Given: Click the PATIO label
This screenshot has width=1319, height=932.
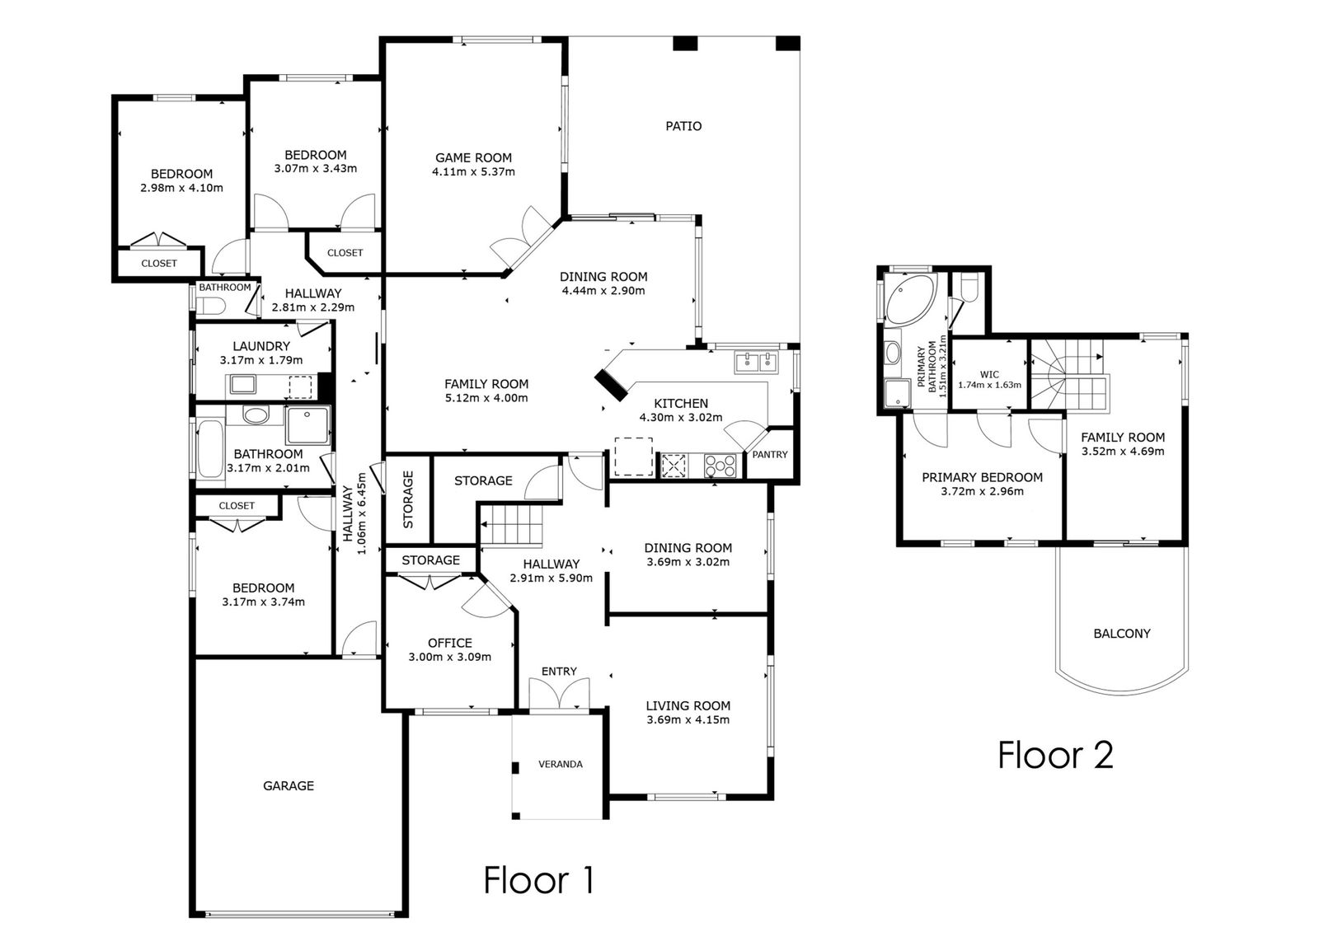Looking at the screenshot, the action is pyautogui.click(x=683, y=126).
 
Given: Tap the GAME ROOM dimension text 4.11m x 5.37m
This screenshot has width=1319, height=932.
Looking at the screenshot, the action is pyautogui.click(x=473, y=172).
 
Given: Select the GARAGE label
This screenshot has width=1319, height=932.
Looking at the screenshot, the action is pyautogui.click(x=289, y=785).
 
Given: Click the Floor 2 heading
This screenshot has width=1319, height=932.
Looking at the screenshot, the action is pyautogui.click(x=1056, y=755).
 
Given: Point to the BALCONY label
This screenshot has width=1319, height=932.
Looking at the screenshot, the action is pyautogui.click(x=1122, y=634).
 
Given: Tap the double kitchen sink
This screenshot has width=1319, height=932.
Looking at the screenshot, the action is pyautogui.click(x=755, y=362).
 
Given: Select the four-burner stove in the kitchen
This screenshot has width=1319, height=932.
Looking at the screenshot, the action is pyautogui.click(x=721, y=466).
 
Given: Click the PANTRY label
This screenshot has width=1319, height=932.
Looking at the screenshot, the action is pyautogui.click(x=770, y=455).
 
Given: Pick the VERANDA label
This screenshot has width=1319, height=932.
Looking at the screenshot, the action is pyautogui.click(x=561, y=764).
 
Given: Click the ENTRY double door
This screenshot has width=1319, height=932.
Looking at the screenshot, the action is pyautogui.click(x=559, y=695).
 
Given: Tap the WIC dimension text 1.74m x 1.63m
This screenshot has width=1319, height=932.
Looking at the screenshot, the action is pyautogui.click(x=989, y=385).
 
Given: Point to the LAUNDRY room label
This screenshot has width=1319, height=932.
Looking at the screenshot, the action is pyautogui.click(x=261, y=346).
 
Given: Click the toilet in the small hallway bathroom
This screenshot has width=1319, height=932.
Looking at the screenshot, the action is pyautogui.click(x=211, y=307).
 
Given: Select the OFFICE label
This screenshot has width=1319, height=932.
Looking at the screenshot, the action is pyautogui.click(x=450, y=643).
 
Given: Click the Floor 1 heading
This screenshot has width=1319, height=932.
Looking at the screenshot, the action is pyautogui.click(x=538, y=880).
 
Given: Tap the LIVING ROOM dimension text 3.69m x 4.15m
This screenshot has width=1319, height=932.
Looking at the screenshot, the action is pyautogui.click(x=688, y=720).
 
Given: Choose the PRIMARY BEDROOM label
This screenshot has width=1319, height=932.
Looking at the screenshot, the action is pyautogui.click(x=982, y=477).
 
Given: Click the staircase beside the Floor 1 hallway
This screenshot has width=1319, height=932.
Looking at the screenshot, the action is pyautogui.click(x=511, y=525).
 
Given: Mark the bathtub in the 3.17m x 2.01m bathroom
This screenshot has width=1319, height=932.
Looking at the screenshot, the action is pyautogui.click(x=210, y=448).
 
